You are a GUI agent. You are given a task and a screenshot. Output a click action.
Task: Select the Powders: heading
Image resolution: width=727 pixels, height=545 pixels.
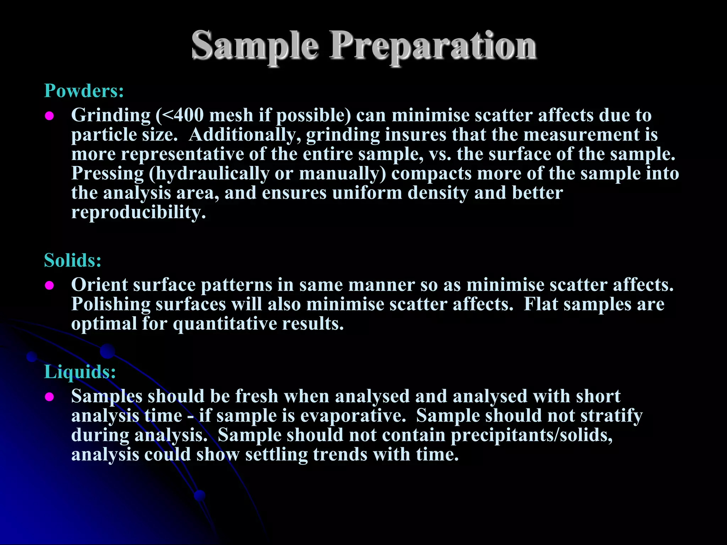(84, 91)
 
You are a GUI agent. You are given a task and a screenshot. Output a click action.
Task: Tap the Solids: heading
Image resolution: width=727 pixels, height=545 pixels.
(73, 260)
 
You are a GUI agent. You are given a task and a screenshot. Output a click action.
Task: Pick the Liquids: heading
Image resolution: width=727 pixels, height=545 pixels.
(80, 372)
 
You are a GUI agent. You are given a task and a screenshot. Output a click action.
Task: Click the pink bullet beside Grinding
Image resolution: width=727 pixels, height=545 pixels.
(49, 116)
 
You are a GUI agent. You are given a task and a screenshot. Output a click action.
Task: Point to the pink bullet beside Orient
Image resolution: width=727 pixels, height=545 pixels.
(49, 286)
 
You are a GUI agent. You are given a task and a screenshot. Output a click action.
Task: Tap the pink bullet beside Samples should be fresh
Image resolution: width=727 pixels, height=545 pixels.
(49, 397)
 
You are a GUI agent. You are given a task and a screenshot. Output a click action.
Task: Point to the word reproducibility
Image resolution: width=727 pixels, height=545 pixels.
(138, 213)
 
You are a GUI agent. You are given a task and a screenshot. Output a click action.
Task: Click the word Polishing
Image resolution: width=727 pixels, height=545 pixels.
(111, 304)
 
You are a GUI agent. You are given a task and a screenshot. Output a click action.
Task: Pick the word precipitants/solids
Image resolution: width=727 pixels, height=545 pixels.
(531, 435)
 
